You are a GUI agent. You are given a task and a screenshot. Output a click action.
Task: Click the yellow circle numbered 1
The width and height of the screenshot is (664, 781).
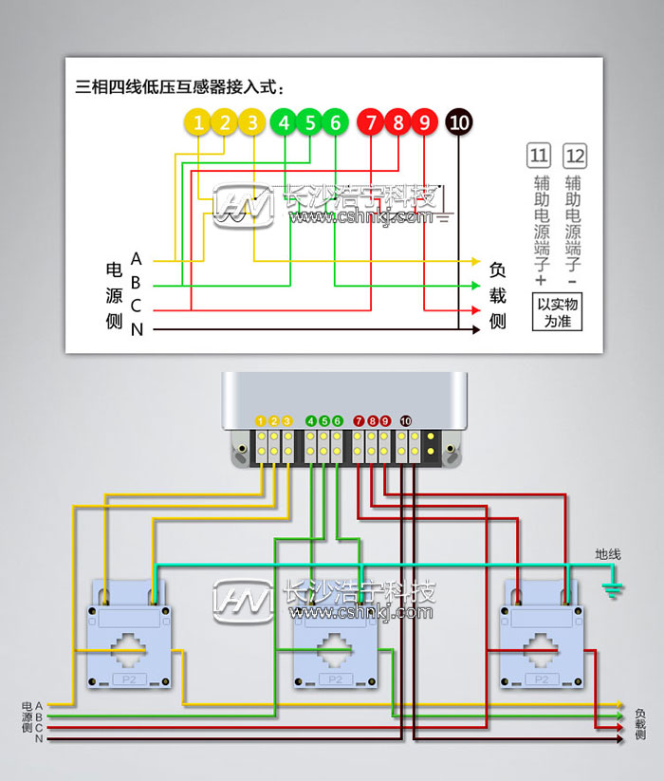tap(197, 122)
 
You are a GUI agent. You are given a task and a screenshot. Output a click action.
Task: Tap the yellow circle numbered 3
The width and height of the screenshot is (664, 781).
tap(251, 122)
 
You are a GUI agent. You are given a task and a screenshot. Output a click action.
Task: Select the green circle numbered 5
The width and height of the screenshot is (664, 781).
tap(309, 122)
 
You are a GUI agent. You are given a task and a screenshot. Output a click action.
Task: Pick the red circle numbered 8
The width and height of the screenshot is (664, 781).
tap(398, 122)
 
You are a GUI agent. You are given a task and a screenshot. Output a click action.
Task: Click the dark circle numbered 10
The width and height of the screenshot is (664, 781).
tap(459, 122)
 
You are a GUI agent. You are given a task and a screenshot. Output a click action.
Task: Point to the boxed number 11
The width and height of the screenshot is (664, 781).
tap(539, 156)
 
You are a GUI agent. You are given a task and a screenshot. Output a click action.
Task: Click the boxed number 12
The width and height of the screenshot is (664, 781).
tap(574, 156)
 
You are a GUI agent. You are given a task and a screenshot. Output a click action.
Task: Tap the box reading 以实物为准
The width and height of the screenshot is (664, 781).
tap(557, 312)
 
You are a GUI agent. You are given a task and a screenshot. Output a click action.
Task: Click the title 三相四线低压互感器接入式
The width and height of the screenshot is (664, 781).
tap(180, 86)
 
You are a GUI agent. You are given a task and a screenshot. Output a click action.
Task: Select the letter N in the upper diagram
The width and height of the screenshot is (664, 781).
tap(137, 329)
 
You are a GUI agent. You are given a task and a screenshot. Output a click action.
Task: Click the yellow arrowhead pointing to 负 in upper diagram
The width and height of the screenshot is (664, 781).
tap(476, 261)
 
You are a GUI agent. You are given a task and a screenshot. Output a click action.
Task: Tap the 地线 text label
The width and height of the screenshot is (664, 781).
tap(608, 554)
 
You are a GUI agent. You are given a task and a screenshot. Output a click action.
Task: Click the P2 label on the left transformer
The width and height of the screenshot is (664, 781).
tap(128, 679)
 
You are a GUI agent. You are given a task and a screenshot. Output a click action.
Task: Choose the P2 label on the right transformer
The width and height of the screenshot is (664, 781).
tap(542, 679)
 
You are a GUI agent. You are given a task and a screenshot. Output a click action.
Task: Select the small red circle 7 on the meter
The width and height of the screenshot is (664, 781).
tap(359, 420)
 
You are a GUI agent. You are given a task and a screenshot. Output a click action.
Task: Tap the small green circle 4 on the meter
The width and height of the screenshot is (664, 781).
tap(311, 420)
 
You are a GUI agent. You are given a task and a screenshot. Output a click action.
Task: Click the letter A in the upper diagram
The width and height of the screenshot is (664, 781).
tap(137, 259)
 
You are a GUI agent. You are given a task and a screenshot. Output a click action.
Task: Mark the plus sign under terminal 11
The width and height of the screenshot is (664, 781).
tap(541, 282)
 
